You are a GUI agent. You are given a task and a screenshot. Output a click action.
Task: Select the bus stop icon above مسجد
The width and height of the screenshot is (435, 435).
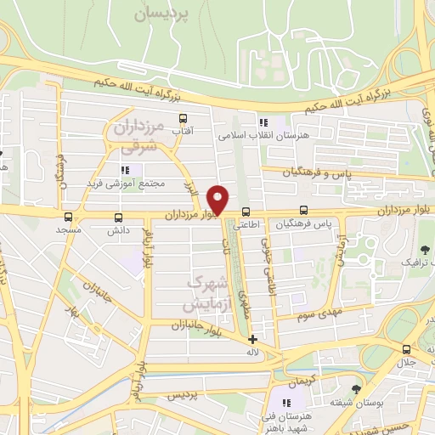68,216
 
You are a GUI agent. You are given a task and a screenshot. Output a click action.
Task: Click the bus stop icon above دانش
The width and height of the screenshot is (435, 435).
117,216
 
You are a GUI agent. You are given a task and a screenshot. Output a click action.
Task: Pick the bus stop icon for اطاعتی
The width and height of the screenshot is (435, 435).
246,212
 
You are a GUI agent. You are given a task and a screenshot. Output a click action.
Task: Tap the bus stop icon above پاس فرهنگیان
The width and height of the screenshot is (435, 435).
304,211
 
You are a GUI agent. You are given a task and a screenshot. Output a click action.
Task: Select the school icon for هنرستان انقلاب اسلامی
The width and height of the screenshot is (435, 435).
263,121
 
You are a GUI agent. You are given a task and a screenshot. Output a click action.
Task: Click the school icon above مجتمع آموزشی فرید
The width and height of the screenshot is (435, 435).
127,170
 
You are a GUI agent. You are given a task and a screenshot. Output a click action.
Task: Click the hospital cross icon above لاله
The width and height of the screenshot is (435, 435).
252,338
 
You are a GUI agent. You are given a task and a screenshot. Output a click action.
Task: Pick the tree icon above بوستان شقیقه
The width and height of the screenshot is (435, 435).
355,389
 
